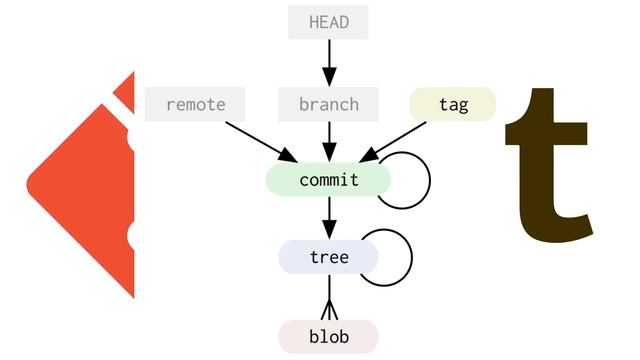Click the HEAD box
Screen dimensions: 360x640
pyautogui.click(x=328, y=22)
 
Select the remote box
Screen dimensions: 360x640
pyautogui.click(x=196, y=104)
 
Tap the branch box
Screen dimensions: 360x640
pyautogui.click(x=328, y=104)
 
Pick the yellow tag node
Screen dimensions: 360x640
pyautogui.click(x=453, y=104)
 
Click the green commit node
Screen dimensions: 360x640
pyautogui.click(x=328, y=180)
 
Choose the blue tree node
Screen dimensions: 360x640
pyautogui.click(x=328, y=257)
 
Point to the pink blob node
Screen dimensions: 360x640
pyautogui.click(x=328, y=336)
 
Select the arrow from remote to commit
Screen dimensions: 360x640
pyautogui.click(x=260, y=141)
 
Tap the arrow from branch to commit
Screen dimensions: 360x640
pyautogui.click(x=328, y=141)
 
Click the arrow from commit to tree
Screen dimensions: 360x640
pyautogui.click(x=328, y=218)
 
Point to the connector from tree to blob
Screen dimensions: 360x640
pyautogui.click(x=328, y=297)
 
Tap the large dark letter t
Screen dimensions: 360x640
pyautogui.click(x=550, y=160)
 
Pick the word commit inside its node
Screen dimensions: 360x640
pyautogui.click(x=328, y=180)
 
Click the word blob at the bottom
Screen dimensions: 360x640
pyautogui.click(x=328, y=337)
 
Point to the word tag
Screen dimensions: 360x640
pyautogui.click(x=453, y=104)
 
